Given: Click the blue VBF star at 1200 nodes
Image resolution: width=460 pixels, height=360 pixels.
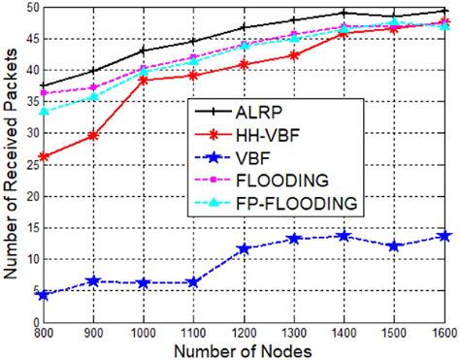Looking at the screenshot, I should [243, 248].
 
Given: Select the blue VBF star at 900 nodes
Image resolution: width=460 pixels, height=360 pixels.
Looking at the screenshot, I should [92, 280].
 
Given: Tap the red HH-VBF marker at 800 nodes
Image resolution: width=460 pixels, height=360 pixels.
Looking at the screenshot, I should [42, 156].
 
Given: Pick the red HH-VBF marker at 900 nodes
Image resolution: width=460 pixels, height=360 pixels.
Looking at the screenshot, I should [92, 136].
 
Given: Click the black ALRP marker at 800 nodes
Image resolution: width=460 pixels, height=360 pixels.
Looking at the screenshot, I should [42, 86].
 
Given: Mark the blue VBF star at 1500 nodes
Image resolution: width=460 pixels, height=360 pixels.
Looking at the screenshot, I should [394, 245].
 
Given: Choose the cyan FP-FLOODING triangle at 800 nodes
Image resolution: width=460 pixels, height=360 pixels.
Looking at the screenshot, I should [42, 112].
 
